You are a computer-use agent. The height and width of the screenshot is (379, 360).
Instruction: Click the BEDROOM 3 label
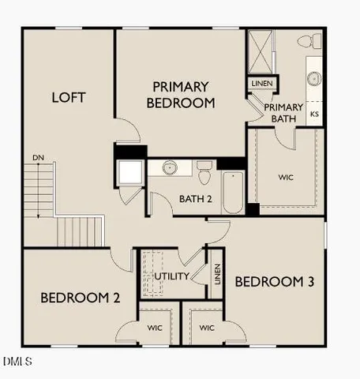tap(269, 282)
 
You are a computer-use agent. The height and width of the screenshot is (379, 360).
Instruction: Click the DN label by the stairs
tap(38, 159)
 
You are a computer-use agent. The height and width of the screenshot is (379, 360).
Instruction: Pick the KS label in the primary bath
tap(314, 114)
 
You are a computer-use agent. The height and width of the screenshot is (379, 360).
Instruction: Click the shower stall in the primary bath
tap(261, 49)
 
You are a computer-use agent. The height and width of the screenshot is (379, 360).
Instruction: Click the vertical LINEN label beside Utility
tap(216, 273)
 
